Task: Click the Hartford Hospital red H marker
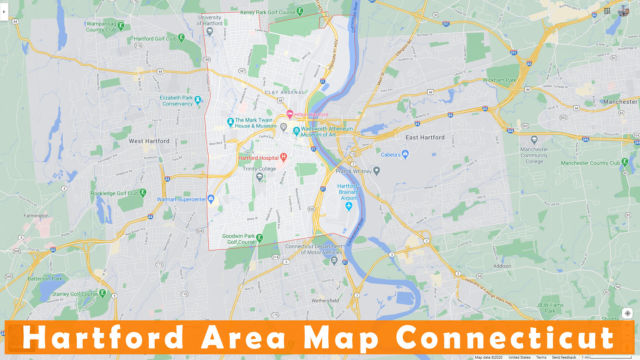[x=283, y=157]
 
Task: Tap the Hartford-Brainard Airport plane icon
[x=349, y=206]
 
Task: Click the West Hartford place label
[x=149, y=141]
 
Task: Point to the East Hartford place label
[x=425, y=137]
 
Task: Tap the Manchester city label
[x=620, y=102]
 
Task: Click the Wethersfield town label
[x=325, y=301]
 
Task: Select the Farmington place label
[x=36, y=216]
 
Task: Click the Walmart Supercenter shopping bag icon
[x=211, y=199]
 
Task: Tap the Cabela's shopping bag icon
[x=405, y=154]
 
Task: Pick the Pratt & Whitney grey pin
[x=377, y=171]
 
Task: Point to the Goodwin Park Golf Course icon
[x=260, y=238]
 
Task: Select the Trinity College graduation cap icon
[x=259, y=177]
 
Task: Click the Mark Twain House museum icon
[x=230, y=122]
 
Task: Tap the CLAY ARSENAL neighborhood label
[x=285, y=92]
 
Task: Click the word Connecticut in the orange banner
[x=505, y=337]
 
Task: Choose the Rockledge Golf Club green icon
[x=143, y=193]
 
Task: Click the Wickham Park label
[x=499, y=80]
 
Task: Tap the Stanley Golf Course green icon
[x=103, y=293]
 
